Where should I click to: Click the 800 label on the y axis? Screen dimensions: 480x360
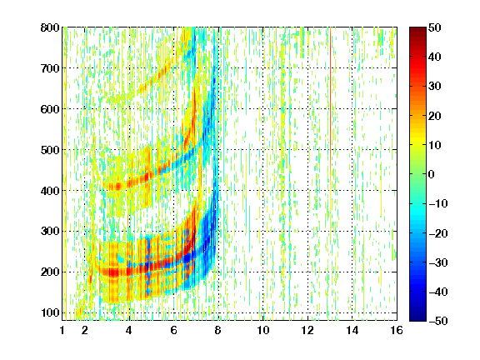(x=50, y=27)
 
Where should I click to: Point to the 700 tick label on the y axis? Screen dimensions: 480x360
(x=50, y=68)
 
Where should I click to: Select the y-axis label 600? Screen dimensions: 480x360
(x=50, y=109)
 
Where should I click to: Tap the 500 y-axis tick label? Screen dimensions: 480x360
(x=50, y=150)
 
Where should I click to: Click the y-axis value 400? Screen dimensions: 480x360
(x=50, y=191)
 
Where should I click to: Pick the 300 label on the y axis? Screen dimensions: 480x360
(x=50, y=232)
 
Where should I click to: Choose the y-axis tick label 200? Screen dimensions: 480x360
(x=50, y=272)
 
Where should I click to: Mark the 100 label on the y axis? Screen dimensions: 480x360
(x=50, y=312)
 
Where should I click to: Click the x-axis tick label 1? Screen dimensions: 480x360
(x=62, y=330)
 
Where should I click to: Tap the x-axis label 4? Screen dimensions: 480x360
(x=129, y=330)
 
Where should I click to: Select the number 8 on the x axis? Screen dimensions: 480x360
(x=218, y=330)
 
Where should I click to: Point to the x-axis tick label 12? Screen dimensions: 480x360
(x=307, y=330)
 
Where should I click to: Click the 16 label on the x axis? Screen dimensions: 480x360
(x=397, y=330)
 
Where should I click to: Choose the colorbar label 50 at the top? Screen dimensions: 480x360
(x=435, y=27)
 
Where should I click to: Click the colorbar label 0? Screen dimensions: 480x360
(x=432, y=174)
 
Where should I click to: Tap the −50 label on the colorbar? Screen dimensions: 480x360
(x=438, y=321)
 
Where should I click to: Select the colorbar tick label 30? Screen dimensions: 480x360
(x=435, y=87)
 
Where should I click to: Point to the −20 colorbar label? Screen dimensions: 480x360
(x=438, y=233)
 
